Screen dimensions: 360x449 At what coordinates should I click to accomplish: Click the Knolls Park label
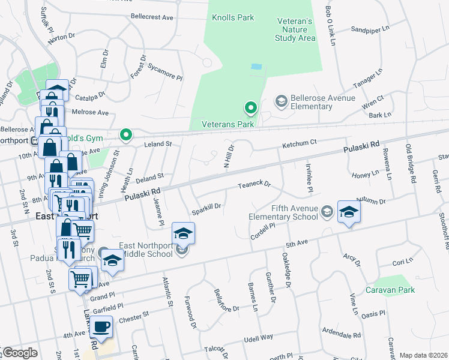(x=233, y=18)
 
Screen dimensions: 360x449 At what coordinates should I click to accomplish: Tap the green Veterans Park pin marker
(x=250, y=109)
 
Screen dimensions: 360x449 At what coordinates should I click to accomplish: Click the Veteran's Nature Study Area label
(x=295, y=29)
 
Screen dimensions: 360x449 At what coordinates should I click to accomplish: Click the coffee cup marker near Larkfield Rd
(x=101, y=327)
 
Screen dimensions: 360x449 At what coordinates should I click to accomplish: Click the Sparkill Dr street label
(x=206, y=209)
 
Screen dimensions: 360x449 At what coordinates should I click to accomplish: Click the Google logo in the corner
(x=19, y=353)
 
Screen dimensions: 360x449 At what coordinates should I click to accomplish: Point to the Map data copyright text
(x=423, y=355)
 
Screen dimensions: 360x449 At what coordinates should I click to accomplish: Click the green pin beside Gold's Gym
(x=125, y=135)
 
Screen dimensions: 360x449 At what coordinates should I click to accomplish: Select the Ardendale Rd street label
(x=341, y=334)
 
